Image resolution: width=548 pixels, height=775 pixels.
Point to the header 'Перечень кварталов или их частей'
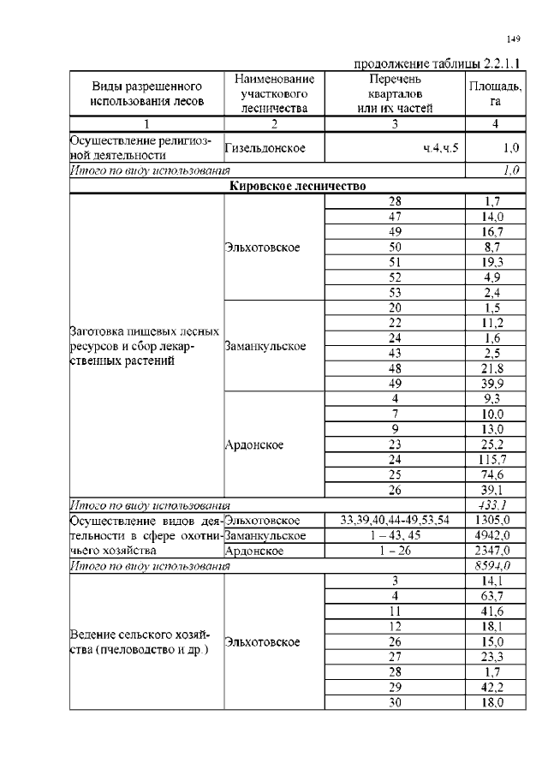[x=395, y=93]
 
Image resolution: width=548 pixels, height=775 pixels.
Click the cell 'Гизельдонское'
[x=265, y=148]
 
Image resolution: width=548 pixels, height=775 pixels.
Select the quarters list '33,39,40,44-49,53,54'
[x=395, y=520]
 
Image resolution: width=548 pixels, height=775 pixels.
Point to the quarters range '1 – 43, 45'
[x=395, y=535]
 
